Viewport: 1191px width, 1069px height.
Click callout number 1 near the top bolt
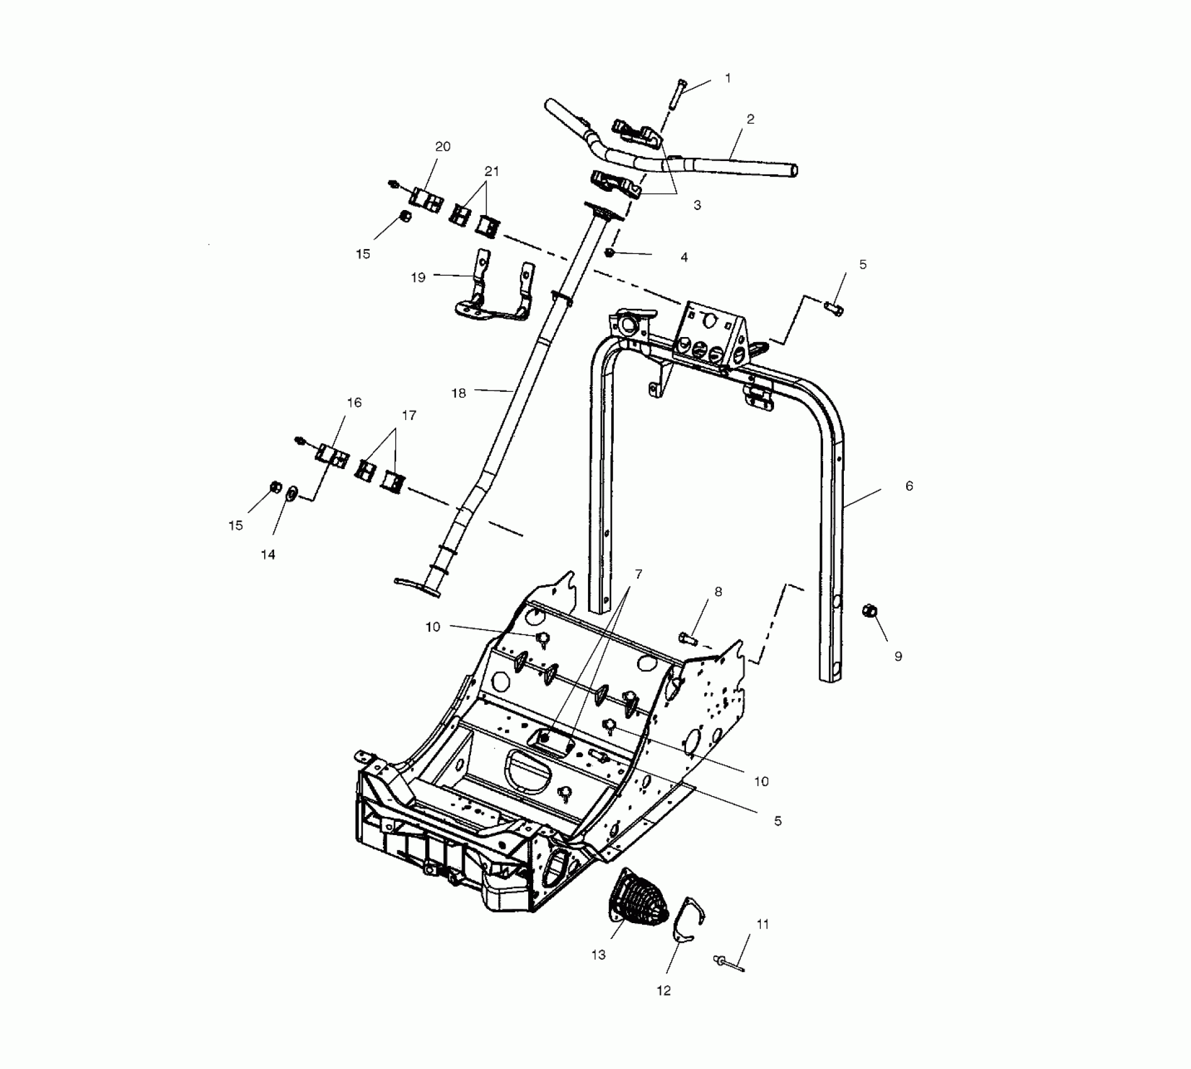coord(728,78)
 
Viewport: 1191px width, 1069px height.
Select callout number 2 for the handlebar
coord(750,119)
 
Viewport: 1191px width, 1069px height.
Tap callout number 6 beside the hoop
coord(909,485)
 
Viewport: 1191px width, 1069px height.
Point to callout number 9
coord(898,656)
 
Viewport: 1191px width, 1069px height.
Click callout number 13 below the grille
coord(598,972)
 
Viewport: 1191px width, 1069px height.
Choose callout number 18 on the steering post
coord(458,393)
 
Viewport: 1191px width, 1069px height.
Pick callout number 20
coord(443,147)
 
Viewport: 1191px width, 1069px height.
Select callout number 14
coord(268,554)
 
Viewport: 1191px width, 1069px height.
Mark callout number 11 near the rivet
coord(762,924)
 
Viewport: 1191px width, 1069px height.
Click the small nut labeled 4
coord(609,253)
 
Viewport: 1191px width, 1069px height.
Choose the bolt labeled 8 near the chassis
coord(688,639)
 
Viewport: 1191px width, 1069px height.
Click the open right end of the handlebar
coord(794,170)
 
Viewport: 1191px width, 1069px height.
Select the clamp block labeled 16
coord(332,455)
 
